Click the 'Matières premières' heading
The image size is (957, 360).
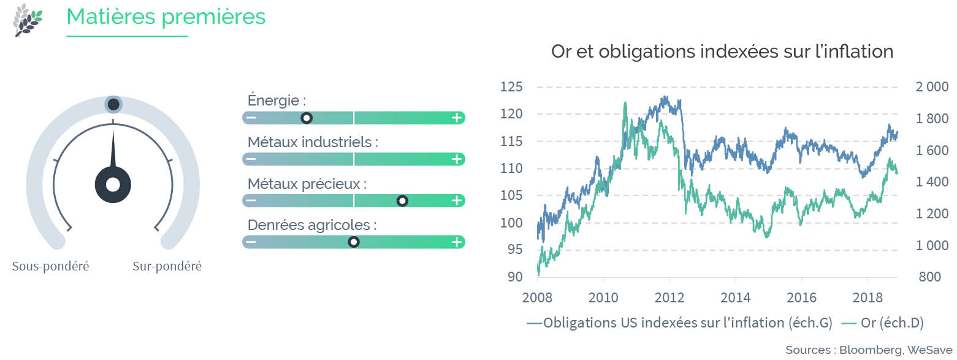click(x=166, y=17)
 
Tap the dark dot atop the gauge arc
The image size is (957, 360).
click(x=113, y=104)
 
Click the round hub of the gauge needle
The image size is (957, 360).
click(x=113, y=185)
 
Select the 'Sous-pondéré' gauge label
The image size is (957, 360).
click(x=50, y=266)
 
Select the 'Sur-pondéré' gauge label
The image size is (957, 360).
click(x=167, y=266)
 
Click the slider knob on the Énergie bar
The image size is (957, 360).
click(x=307, y=118)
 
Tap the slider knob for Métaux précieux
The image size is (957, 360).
click(x=402, y=201)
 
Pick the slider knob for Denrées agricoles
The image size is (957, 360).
click(x=353, y=242)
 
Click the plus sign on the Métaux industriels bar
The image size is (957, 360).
click(x=457, y=159)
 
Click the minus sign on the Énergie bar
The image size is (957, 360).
click(x=251, y=118)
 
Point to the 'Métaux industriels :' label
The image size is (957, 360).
click(x=313, y=142)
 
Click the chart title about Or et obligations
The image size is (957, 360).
click(x=722, y=52)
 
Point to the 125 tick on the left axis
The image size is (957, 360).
click(x=511, y=87)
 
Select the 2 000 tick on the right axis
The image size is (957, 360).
click(x=932, y=87)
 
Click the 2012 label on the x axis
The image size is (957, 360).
click(x=669, y=297)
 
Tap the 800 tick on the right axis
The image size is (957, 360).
click(x=929, y=277)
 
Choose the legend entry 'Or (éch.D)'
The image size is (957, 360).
click(x=883, y=323)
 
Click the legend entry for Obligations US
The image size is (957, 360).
click(x=680, y=323)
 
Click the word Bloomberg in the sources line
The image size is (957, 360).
click(x=871, y=350)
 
